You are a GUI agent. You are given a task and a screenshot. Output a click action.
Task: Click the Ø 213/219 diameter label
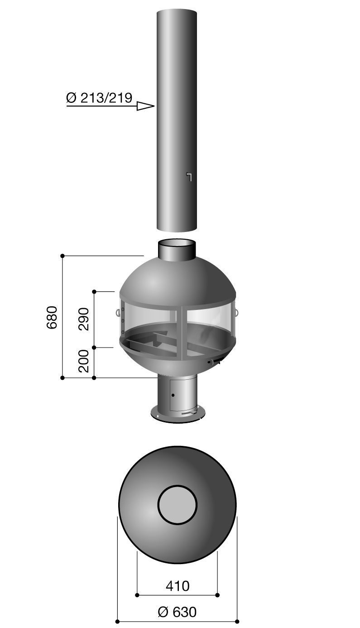pyautogui.click(x=99, y=98)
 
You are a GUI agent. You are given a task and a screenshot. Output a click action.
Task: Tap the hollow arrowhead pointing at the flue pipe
pyautogui.click(x=145, y=106)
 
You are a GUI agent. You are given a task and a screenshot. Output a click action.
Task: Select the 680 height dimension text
pyautogui.click(x=52, y=317)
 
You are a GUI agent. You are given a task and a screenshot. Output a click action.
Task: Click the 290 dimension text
pyautogui.click(x=83, y=319)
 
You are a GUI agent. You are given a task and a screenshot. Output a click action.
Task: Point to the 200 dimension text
pyautogui.click(x=83, y=361)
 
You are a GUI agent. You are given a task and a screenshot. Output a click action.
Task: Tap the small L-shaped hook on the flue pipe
pyautogui.click(x=189, y=177)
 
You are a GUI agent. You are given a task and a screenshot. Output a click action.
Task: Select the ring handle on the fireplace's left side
pyautogui.click(x=118, y=312)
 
